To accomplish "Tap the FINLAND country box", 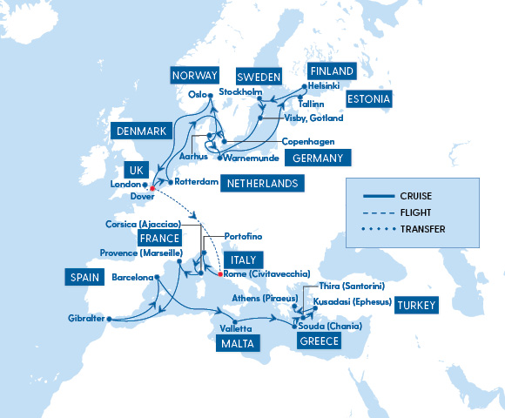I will (332, 71).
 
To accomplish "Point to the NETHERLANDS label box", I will (261, 184).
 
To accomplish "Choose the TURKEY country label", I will (417, 305).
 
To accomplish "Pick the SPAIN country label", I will (85, 278).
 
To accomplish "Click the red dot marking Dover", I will (151, 187).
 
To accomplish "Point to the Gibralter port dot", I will (111, 319).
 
